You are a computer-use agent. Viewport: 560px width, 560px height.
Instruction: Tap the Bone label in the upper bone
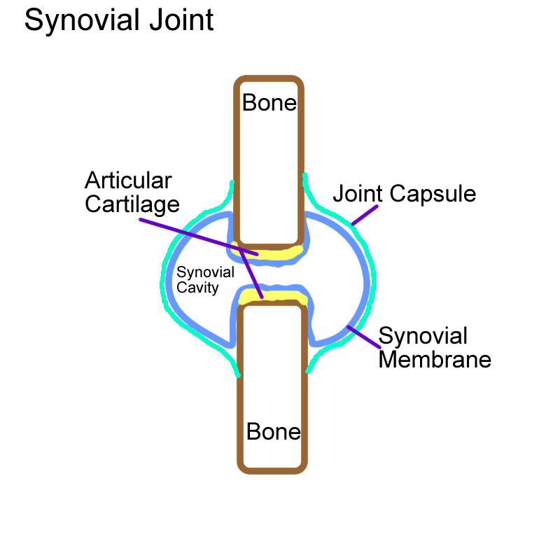pos(269,104)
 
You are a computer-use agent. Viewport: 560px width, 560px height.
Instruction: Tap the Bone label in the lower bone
pos(274,432)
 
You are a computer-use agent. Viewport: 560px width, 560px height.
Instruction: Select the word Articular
pos(128,181)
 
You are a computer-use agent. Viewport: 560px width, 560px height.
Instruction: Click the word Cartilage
pos(132,204)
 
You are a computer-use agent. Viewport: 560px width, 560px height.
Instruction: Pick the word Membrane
pos(435,360)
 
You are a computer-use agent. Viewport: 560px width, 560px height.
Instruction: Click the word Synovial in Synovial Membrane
pos(423,336)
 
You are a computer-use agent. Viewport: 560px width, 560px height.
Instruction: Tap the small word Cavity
pos(198,288)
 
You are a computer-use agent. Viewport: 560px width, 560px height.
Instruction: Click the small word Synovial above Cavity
pos(205,273)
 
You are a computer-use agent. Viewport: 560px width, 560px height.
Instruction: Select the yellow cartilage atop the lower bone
pos(274,296)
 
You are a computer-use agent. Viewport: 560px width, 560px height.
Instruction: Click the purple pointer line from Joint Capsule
pos(364,215)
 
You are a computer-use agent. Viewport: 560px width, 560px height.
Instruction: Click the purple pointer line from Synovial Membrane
pos(362,337)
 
